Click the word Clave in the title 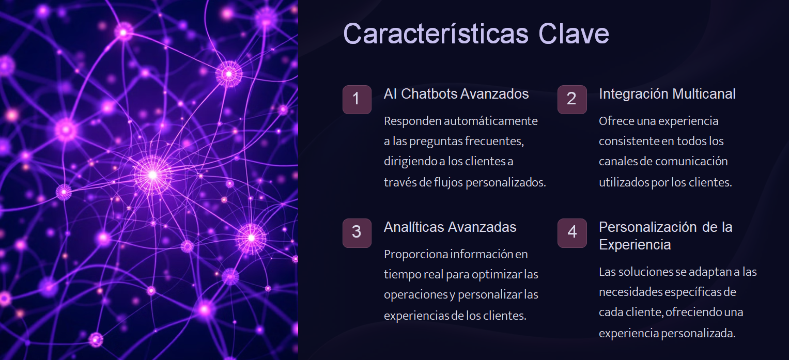coord(574,34)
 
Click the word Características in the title coord(436,34)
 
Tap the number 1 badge coord(357,99)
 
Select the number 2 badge coord(572,99)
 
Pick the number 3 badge coord(357,233)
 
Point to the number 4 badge coord(572,233)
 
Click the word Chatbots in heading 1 coord(429,94)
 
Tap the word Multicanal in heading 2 coord(704,94)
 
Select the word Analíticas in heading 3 coord(414,227)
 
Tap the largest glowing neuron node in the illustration coord(153,175)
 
